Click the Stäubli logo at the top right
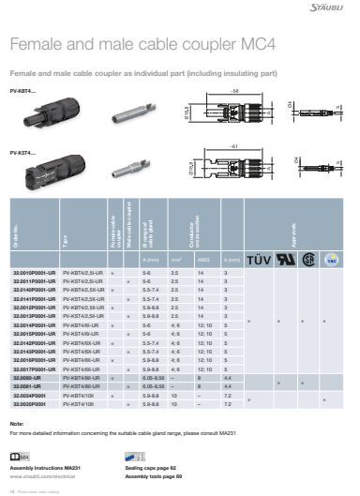click(x=329, y=8)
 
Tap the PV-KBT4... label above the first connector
click(x=22, y=90)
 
